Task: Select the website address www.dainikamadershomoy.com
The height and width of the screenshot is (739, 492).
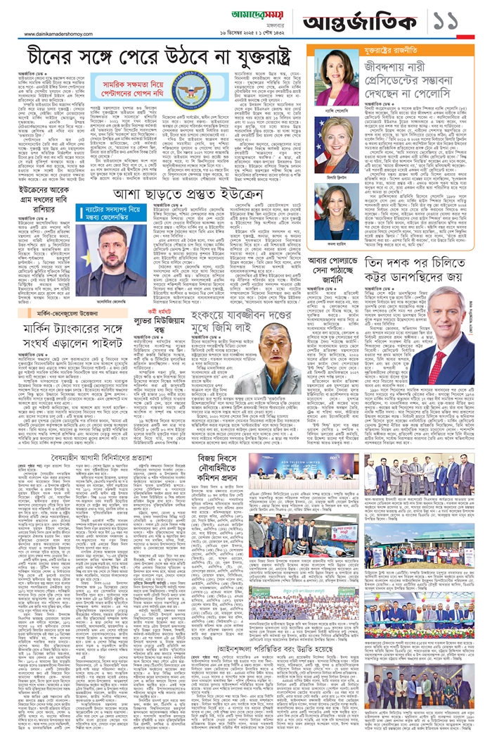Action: (x=64, y=34)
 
